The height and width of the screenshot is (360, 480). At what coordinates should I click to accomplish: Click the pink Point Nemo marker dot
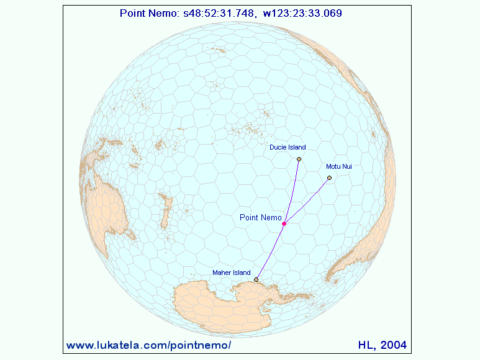pos(284,223)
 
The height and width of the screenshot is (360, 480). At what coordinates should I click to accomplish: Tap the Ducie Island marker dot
pos(299,160)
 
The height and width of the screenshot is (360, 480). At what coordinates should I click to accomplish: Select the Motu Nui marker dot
pos(329,178)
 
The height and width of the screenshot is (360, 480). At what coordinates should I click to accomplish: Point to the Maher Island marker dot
pos(256,280)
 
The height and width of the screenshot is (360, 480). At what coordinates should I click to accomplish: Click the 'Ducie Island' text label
pos(288,148)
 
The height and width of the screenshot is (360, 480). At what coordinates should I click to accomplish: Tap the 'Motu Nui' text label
pos(338,166)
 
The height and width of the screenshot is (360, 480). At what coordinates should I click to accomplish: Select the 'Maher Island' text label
pos(231,272)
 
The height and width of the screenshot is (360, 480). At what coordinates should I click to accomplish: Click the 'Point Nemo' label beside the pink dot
pos(260,217)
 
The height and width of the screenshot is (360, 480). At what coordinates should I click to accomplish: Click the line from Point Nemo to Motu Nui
pos(307,200)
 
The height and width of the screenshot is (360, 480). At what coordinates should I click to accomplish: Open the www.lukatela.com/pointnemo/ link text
pos(148,344)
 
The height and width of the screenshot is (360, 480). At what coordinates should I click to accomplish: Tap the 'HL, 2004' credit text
pos(383,344)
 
